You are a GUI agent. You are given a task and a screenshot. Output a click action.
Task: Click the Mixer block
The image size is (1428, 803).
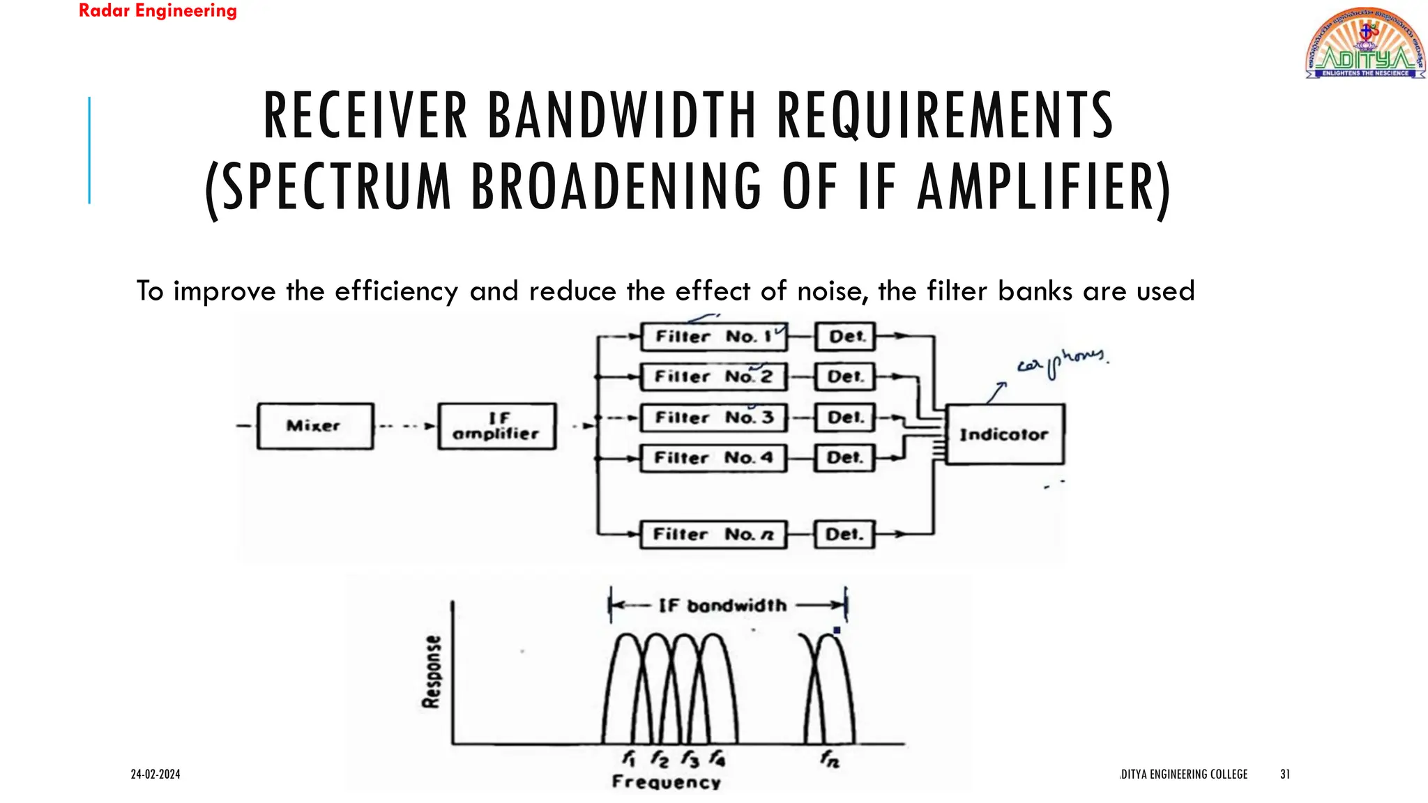314,426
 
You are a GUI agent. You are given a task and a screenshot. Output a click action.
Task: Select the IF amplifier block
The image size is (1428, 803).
496,426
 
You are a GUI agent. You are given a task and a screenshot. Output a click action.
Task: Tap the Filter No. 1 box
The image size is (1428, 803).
713,337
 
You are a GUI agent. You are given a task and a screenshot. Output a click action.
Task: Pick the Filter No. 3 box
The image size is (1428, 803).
713,418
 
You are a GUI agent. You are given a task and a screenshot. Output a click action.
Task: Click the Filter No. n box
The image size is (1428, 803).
713,535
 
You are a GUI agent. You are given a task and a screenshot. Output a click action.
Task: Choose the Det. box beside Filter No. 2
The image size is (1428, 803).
844,377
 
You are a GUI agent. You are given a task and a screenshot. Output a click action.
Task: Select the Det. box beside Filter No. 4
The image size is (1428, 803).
844,458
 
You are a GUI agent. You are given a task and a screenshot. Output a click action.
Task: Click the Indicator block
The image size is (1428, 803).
1004,434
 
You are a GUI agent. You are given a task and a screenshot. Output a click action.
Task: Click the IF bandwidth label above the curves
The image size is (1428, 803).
722,605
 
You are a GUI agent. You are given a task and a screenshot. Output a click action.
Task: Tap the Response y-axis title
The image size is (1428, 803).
432,671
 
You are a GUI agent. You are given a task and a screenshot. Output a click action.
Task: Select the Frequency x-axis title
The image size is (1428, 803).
666,782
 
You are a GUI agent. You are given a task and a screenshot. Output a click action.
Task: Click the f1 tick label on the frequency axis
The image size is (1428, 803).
628,758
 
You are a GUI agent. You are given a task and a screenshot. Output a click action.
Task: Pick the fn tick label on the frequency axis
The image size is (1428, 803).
830,758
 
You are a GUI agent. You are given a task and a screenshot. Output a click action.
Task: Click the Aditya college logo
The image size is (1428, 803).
1365,43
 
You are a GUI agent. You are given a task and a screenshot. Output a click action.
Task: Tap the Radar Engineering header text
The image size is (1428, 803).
158,11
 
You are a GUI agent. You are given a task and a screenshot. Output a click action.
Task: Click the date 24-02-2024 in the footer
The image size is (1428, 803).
155,774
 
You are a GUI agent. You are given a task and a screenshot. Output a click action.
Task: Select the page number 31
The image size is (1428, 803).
1285,774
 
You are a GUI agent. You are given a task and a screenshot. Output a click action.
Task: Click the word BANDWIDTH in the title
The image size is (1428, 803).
621,116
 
